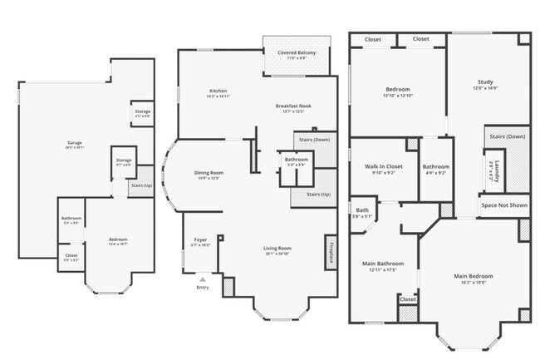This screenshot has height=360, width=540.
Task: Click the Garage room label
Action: [x=75, y=143]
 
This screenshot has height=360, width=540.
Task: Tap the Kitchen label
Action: [x=218, y=91]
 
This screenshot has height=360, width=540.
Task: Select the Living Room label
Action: [x=277, y=248]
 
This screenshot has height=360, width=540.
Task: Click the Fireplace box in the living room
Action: [x=330, y=250]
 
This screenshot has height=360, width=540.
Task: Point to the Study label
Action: [x=485, y=81]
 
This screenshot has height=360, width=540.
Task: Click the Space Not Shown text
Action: [x=504, y=204]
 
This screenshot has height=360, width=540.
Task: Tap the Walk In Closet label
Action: [x=384, y=166]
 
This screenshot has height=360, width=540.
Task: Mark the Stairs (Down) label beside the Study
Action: [x=507, y=136]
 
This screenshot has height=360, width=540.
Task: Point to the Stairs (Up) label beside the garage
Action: [x=141, y=185]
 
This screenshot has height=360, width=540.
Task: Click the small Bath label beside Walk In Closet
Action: [x=362, y=210]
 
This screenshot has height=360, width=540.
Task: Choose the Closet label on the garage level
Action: [x=71, y=255]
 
